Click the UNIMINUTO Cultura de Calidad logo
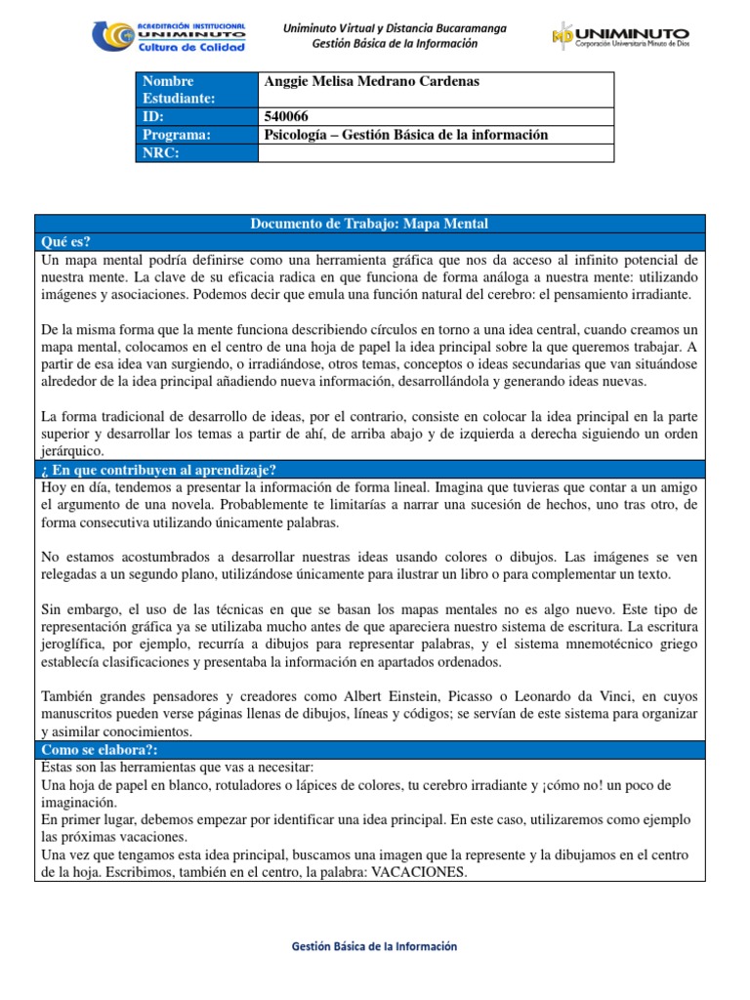click(169, 36)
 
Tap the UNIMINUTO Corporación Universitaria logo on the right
click(620, 38)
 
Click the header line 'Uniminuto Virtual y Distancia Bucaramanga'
click(395, 28)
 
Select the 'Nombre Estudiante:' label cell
click(195, 89)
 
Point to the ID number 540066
click(284, 117)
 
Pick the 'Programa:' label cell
click(195, 135)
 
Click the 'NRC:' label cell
click(195, 152)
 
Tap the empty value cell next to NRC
click(436, 152)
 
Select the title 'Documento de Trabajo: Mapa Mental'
click(369, 225)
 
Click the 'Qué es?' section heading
click(66, 242)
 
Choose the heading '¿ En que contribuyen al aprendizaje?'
click(159, 470)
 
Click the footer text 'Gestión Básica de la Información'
click(375, 946)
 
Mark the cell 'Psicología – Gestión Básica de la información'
click(406, 135)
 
